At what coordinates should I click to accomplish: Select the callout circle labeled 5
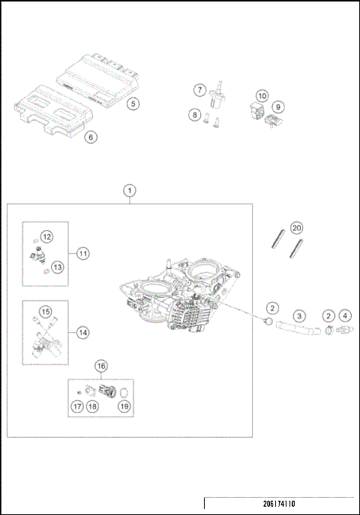pos(132,104)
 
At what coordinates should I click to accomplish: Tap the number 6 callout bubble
pos(90,137)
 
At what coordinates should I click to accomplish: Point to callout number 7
pos(199,90)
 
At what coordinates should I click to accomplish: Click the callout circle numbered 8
pos(194,115)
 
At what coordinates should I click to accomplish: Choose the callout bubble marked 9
pos(277,106)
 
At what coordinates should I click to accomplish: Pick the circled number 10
pos(262,96)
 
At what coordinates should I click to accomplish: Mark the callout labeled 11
pos(82,254)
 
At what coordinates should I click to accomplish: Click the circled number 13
pos(58,266)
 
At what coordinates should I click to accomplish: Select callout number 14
pos(82,331)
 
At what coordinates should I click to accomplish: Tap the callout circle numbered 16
pos(101,365)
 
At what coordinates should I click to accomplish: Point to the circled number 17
pos(76,406)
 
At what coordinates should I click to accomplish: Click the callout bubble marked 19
pos(124,406)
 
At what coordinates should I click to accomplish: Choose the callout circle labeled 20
pos(296,227)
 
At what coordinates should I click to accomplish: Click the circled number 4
pos(345,316)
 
